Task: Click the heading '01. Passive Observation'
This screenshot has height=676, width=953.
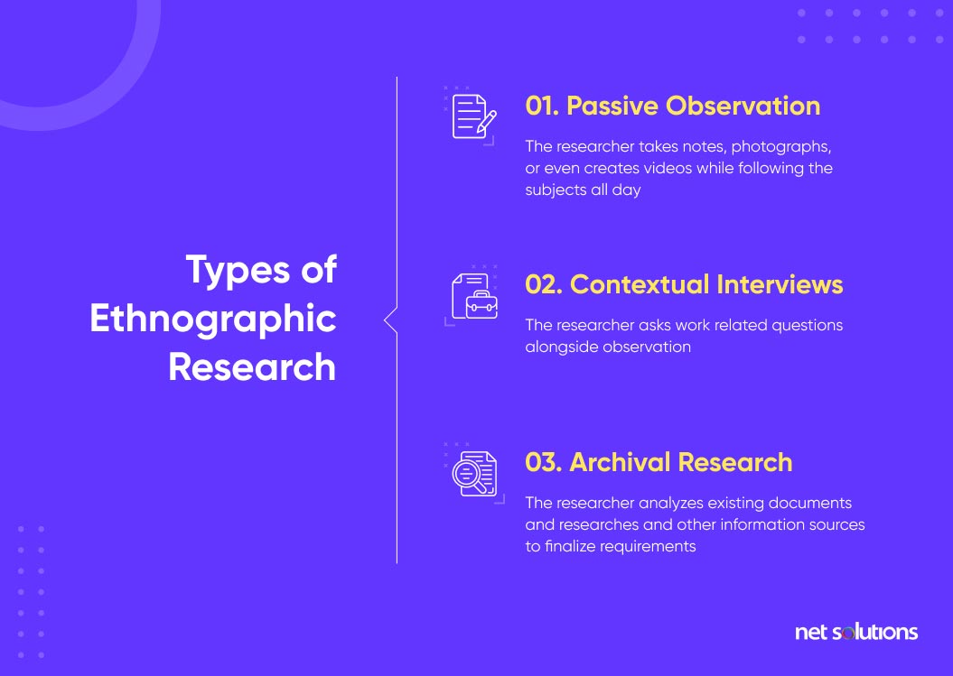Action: click(x=672, y=106)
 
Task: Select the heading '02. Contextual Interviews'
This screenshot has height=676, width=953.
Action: click(x=684, y=284)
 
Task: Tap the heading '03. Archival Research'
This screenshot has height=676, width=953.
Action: click(x=659, y=462)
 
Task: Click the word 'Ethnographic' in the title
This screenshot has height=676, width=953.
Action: click(x=213, y=319)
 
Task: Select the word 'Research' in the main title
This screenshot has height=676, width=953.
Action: click(x=252, y=367)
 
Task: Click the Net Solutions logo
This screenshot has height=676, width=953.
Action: click(x=855, y=632)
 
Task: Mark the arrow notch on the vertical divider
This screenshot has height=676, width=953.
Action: click(x=390, y=319)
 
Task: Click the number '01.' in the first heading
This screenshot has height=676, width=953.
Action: click(x=542, y=106)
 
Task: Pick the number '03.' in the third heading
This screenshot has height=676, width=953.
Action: click(x=544, y=462)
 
